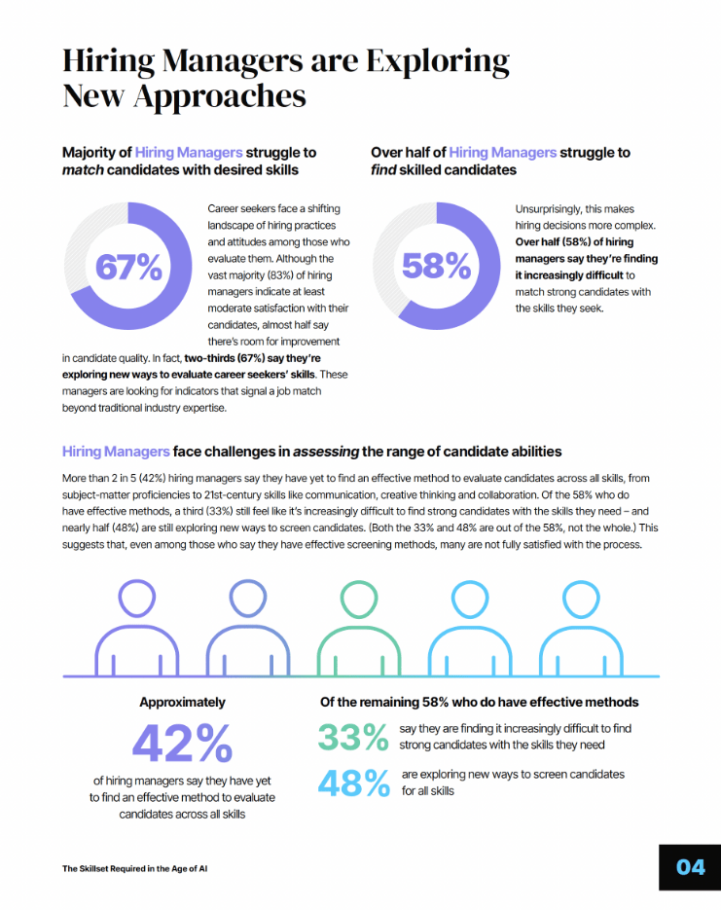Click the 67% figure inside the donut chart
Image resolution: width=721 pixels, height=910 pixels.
tap(128, 267)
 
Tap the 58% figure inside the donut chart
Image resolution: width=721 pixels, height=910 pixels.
tap(436, 265)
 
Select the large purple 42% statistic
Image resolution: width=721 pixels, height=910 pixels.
tap(182, 745)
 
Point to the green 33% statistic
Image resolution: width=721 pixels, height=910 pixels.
tap(353, 737)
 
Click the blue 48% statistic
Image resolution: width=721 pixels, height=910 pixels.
tap(353, 783)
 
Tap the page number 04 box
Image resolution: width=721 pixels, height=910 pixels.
tap(690, 866)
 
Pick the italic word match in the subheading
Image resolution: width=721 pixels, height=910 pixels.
tap(83, 170)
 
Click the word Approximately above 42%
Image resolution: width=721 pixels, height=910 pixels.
tap(182, 702)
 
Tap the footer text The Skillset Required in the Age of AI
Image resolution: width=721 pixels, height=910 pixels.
tap(135, 867)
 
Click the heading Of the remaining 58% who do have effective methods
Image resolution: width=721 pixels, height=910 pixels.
tap(480, 702)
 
